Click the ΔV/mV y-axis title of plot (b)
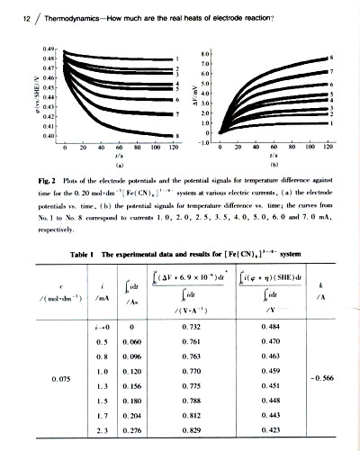pyautogui.click(x=193, y=90)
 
